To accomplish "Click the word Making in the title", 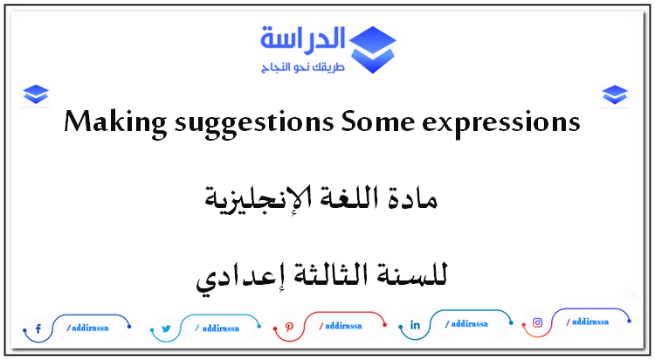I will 106,123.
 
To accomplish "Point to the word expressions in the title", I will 499,125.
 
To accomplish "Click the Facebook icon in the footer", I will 38,329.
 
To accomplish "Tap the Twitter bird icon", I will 165,329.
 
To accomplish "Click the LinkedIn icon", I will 415,325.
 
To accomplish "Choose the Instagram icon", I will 538,322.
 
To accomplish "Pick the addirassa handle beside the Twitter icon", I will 216,329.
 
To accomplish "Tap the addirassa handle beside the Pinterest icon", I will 340,327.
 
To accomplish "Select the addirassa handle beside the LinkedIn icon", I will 465,325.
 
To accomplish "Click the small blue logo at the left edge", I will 36,93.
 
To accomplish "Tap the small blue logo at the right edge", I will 616,93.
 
